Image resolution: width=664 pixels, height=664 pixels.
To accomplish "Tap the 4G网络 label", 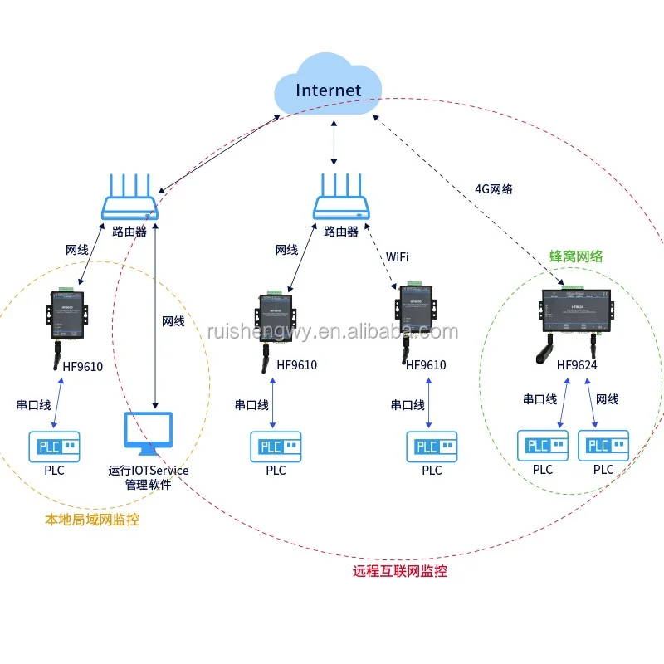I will coord(494,189).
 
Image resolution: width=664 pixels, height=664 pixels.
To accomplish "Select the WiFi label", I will coord(397,256).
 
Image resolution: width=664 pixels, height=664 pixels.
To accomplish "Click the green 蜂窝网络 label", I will coord(575,257).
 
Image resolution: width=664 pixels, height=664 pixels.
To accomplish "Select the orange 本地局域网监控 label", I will coord(92,520).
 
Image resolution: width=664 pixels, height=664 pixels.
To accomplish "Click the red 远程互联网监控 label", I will coord(400,571).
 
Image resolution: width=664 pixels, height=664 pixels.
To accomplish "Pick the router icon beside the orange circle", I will coord(129,199).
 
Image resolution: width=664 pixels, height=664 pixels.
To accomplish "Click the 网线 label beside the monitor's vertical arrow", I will coord(173,321).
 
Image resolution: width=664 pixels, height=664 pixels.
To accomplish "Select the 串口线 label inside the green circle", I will coord(539,400).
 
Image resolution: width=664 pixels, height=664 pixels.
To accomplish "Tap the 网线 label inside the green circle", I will coord(608,400).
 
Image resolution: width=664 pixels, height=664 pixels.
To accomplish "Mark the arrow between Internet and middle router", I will coord(334,139).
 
